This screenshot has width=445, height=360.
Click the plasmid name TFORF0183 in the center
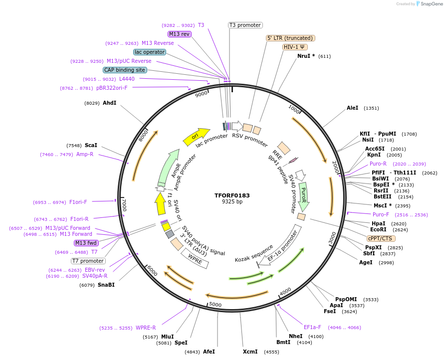point(232,195)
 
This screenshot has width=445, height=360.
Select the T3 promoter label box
point(245,25)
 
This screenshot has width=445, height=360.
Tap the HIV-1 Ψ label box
point(295,47)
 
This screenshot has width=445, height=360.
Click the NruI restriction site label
point(306,56)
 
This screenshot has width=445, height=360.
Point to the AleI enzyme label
point(352,108)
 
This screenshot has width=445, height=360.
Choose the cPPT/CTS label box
point(380,238)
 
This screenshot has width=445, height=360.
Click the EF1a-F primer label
point(312,327)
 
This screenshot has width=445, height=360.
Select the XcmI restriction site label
point(250,352)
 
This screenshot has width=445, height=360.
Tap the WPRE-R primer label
point(146,328)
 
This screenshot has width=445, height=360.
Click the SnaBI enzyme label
point(106,285)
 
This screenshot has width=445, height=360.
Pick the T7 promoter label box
point(88,261)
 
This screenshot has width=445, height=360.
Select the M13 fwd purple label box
point(86,243)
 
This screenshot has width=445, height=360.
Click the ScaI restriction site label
point(91,145)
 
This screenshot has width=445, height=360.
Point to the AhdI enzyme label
point(109,103)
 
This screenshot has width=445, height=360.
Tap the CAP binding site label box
point(125,70)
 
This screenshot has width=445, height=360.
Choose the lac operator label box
point(150,52)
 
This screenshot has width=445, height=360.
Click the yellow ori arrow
point(196,137)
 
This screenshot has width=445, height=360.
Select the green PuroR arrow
point(303,196)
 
